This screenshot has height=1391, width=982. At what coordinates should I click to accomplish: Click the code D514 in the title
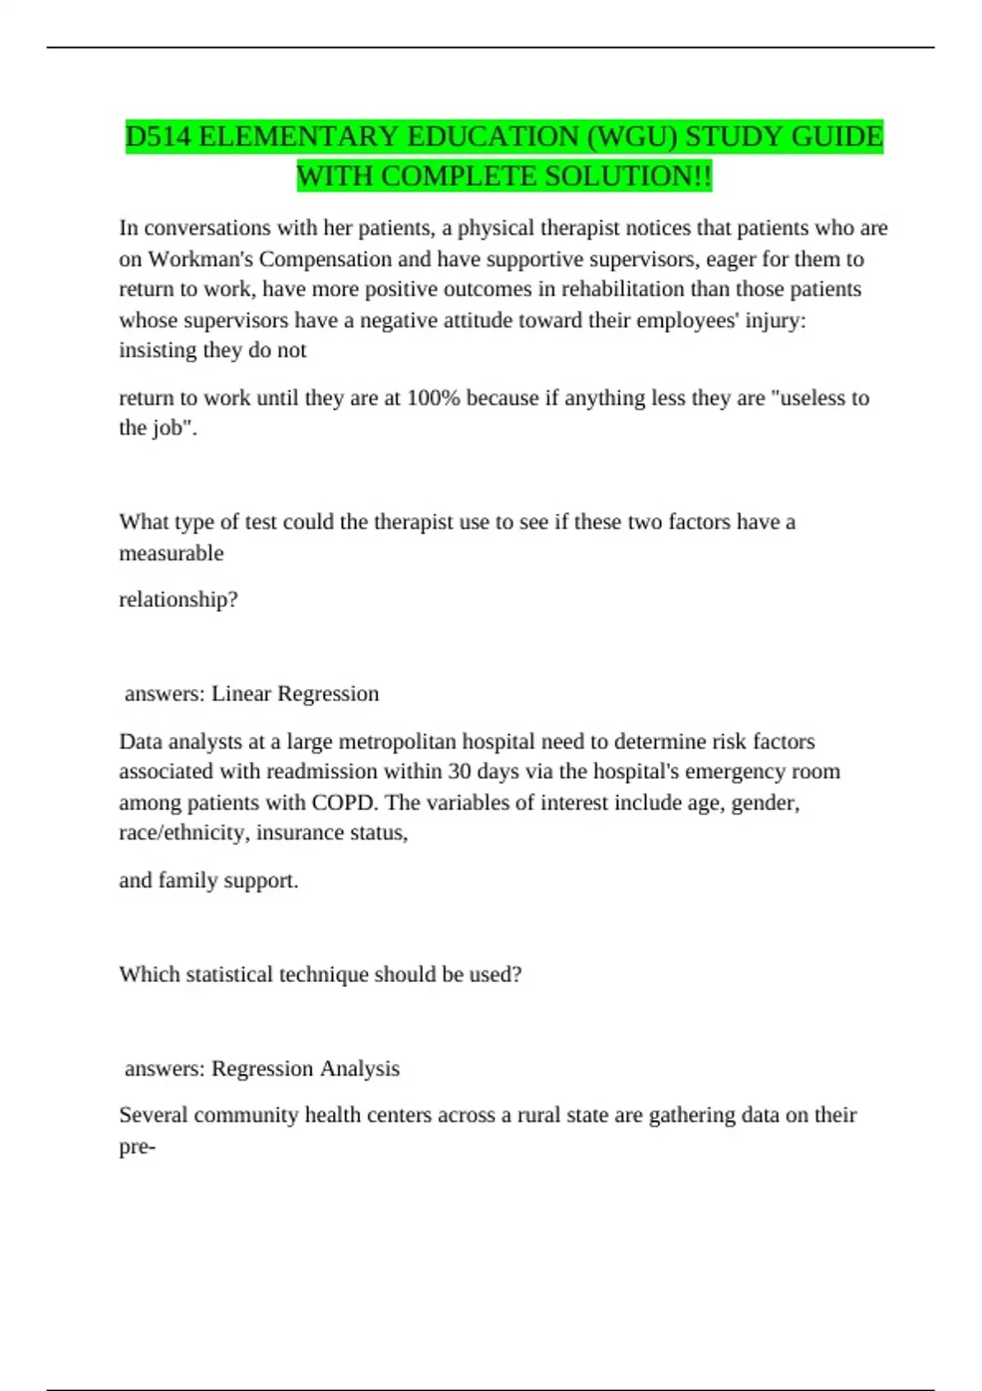tap(159, 137)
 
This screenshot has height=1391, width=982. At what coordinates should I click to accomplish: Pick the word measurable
tap(171, 553)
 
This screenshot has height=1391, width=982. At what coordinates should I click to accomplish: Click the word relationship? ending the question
tap(178, 600)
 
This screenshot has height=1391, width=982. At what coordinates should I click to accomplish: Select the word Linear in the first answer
tap(241, 694)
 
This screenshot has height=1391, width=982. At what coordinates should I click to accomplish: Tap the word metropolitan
tap(402, 741)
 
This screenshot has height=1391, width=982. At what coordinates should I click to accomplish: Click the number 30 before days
tap(459, 772)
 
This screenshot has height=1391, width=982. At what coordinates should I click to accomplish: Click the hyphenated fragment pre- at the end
tap(137, 1147)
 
